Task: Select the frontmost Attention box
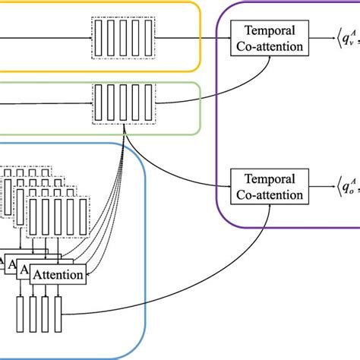[x=58, y=275]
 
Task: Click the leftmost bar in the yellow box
[x=96, y=36]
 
